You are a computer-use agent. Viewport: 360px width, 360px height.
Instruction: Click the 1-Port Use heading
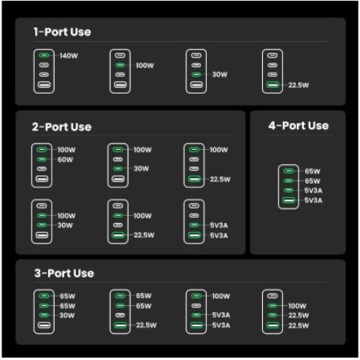(62, 32)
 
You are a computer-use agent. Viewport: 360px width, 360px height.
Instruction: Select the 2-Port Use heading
(62, 127)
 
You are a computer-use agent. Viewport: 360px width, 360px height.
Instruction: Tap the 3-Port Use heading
(64, 273)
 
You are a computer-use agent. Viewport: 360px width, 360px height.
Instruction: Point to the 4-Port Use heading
(299, 125)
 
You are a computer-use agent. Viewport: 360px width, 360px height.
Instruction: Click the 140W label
(68, 56)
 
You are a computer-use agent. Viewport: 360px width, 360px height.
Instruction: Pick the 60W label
(66, 160)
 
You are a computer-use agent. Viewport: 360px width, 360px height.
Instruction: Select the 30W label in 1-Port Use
(220, 74)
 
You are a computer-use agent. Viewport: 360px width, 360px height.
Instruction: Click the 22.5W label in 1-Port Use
(299, 85)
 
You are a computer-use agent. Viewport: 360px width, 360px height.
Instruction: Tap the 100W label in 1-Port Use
(145, 66)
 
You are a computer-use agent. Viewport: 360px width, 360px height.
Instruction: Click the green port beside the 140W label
(44, 55)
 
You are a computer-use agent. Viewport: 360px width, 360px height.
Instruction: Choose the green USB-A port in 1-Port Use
(272, 85)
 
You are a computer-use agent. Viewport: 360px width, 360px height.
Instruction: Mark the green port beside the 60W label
(42, 159)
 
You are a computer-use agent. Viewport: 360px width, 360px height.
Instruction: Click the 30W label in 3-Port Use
(67, 315)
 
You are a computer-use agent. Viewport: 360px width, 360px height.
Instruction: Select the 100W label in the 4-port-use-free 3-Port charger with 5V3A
(221, 296)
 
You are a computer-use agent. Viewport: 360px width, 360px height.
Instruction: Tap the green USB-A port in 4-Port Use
(289, 200)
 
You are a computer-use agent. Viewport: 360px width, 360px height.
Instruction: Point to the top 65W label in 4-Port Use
(312, 171)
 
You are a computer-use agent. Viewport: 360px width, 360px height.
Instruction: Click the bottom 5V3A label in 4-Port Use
(313, 200)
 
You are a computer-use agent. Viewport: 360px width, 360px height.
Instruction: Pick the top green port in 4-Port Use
(289, 171)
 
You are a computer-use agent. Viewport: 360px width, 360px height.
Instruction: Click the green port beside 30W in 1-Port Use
(197, 75)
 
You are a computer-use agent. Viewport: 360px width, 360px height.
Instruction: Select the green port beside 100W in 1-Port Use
(120, 65)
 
